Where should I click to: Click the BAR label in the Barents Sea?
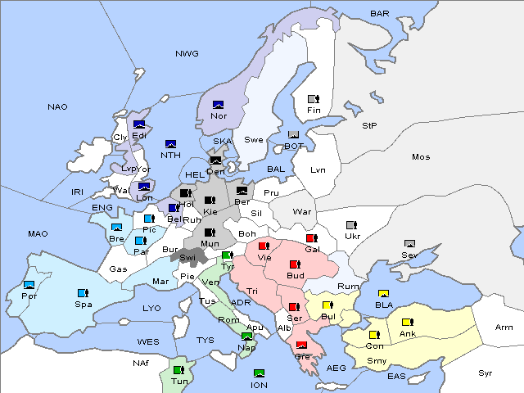click(380, 13)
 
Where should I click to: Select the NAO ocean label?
click(57, 106)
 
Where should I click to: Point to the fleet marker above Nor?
click(218, 104)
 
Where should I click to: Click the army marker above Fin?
click(312, 99)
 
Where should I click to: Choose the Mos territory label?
click(421, 156)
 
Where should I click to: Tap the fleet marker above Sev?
click(410, 243)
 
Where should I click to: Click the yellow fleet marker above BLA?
click(382, 293)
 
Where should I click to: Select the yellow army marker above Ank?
click(406, 322)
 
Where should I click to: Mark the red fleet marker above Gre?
click(301, 345)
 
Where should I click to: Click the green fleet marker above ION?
click(259, 373)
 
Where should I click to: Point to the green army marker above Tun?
click(178, 369)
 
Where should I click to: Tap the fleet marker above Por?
click(29, 284)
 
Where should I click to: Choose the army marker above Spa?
click(82, 292)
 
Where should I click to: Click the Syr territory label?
click(486, 373)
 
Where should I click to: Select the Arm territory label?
click(504, 327)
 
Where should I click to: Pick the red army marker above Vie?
click(263, 245)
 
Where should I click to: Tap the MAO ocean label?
click(38, 233)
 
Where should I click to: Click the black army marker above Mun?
click(210, 232)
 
